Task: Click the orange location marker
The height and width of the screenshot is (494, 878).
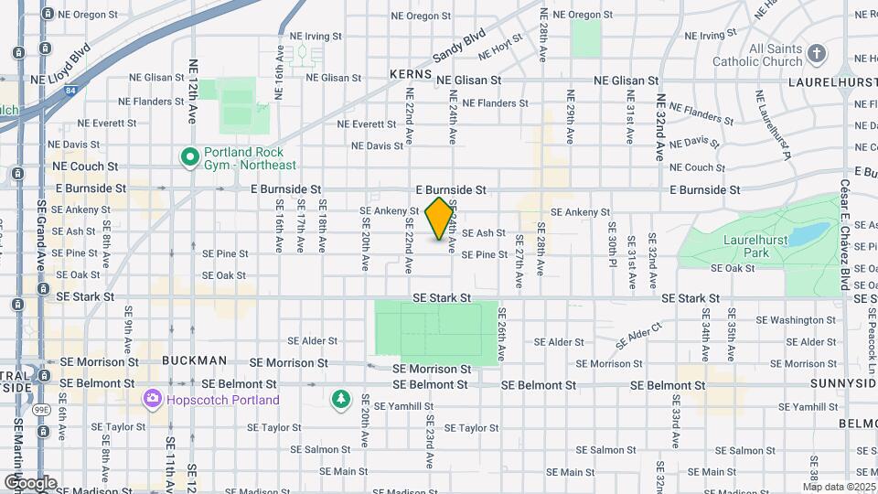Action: click(x=440, y=218)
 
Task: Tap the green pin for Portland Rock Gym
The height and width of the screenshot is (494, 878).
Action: click(x=190, y=157)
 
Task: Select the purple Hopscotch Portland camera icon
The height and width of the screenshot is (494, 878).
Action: click(x=152, y=400)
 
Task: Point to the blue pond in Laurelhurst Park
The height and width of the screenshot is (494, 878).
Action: click(x=808, y=233)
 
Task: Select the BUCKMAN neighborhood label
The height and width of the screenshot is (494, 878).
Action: click(x=194, y=361)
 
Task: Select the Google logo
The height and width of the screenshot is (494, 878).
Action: click(x=29, y=482)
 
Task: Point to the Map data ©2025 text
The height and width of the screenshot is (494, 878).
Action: click(x=839, y=486)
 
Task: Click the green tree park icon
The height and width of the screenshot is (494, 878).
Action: click(x=341, y=399)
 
